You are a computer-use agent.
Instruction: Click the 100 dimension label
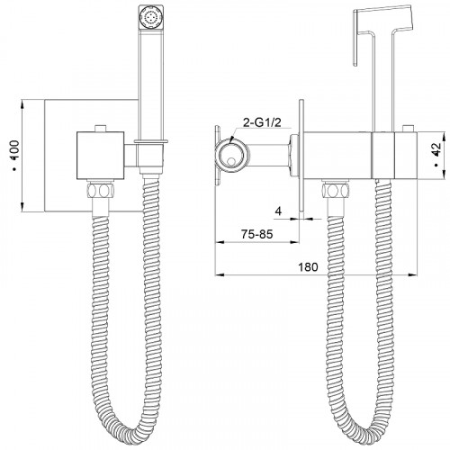click(x=14, y=156)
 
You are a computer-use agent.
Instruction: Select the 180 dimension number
click(x=308, y=266)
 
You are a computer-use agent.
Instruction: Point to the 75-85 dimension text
click(x=257, y=234)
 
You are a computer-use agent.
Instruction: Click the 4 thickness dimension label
click(x=279, y=211)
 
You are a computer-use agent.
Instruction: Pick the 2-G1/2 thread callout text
click(x=263, y=122)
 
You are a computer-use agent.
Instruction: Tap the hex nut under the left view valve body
click(x=100, y=190)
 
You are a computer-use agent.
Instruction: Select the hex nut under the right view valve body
click(x=336, y=190)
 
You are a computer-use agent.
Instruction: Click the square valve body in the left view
click(x=100, y=155)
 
